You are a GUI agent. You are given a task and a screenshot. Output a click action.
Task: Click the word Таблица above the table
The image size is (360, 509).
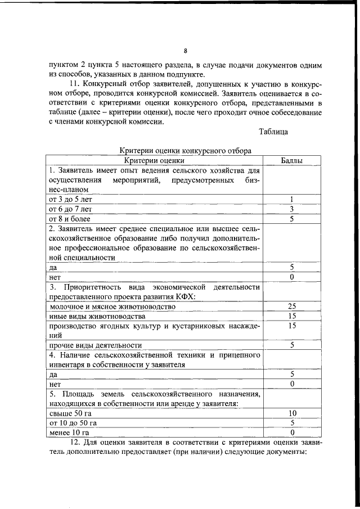coord(273,132)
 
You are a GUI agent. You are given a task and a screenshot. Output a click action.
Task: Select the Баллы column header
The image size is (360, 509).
coord(292,160)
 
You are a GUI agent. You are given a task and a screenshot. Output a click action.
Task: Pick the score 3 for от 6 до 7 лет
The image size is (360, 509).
coord(292,209)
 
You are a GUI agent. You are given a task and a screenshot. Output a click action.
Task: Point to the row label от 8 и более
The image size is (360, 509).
coord(70,219)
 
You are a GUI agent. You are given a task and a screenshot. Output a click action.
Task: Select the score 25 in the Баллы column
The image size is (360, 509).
coord(292,307)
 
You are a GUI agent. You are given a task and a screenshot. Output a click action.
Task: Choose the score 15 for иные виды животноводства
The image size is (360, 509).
coord(292,316)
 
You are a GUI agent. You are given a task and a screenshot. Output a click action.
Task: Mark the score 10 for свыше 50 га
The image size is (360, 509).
coord(292,413)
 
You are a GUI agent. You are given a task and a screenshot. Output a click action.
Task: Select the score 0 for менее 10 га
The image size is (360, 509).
coord(292,433)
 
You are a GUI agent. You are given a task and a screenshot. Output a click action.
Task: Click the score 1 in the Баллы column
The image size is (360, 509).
coord(292,199)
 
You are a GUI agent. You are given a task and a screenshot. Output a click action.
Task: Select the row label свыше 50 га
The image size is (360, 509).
coord(70,413)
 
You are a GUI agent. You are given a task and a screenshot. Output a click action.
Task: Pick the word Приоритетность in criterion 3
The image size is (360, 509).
coord(90,287)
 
